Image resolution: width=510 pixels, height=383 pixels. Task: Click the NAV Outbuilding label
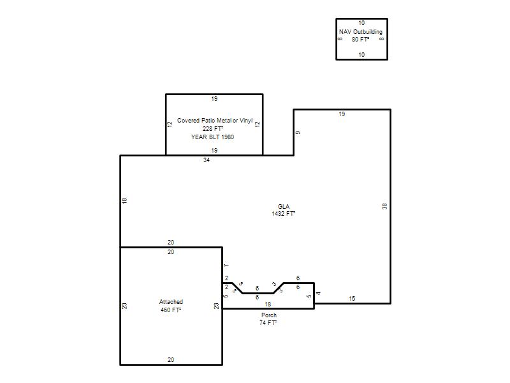coord(361,31)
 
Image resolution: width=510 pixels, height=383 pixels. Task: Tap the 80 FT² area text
coord(360,40)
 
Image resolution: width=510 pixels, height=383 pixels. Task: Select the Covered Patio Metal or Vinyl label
coord(215,121)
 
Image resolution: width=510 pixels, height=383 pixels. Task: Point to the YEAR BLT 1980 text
coord(212,137)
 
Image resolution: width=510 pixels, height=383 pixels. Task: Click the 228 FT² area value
coord(213,129)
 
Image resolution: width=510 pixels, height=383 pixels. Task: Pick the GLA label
coord(284,206)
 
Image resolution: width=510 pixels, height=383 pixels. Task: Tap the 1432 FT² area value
coord(284,214)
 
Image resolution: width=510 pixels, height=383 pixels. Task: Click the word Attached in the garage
coord(171,302)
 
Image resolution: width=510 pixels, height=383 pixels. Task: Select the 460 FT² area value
coord(171,310)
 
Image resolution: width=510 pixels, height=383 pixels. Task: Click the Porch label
coord(269,315)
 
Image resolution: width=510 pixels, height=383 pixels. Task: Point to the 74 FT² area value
coord(268,323)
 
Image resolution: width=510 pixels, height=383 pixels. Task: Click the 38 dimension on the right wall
coord(385,206)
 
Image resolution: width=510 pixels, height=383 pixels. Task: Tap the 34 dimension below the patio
coord(207,160)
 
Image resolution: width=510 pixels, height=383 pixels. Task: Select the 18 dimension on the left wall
coord(124,200)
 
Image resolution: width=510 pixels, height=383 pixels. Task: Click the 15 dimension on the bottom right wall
coord(352,299)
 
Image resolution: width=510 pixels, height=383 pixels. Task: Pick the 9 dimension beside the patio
coord(298,133)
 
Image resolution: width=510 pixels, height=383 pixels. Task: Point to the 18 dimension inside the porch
coord(268,304)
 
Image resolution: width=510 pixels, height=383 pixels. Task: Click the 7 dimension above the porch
coord(227,266)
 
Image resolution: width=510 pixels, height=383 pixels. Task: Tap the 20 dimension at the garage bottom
coord(171,360)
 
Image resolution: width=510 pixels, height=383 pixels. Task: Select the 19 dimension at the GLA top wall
coord(342,114)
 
